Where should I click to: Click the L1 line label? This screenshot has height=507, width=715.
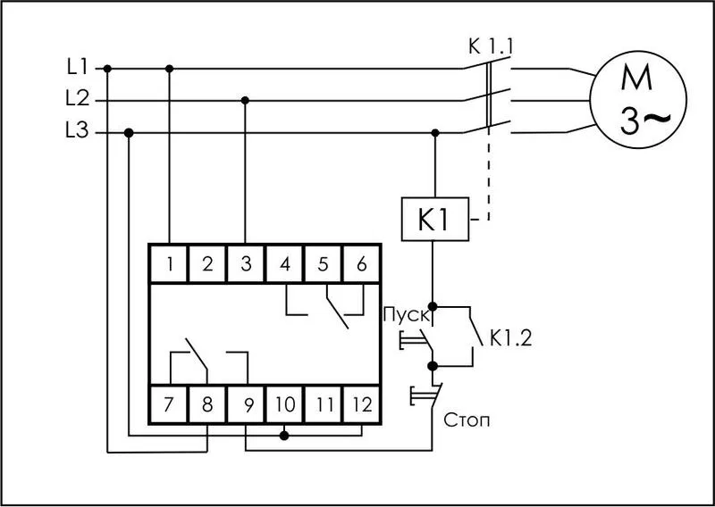(77, 68)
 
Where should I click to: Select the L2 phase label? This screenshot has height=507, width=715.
(78, 99)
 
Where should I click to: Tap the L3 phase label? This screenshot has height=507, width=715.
(78, 131)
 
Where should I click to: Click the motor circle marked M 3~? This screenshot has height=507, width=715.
(638, 99)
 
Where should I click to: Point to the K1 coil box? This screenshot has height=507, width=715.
(435, 219)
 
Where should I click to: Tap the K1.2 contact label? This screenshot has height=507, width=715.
(510, 338)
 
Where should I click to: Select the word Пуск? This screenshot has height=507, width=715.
(407, 316)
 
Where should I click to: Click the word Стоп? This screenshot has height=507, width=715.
(467, 420)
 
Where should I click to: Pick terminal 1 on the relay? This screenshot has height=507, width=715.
(169, 264)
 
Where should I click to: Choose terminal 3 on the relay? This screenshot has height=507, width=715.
(246, 264)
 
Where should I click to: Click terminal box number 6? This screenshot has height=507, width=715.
(361, 264)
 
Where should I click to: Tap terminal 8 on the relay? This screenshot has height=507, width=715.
(207, 404)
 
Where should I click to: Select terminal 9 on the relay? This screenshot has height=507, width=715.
(246, 404)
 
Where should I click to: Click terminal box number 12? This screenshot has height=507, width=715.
(361, 404)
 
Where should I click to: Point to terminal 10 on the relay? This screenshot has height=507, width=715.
(284, 404)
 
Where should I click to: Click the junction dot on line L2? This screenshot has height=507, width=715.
(245, 100)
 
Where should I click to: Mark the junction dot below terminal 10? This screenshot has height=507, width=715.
(284, 436)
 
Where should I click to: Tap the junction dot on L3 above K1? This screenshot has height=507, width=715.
(435, 133)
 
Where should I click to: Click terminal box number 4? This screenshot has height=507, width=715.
(284, 264)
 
